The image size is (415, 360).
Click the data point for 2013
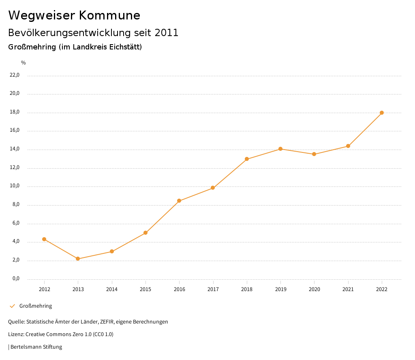pos(78,259)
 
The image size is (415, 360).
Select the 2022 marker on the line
pos(382,113)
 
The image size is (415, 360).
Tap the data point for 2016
pos(179,201)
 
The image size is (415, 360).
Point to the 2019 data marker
pos(280,149)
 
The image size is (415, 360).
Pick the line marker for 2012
pos(44,239)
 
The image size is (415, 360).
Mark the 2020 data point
pos(314,154)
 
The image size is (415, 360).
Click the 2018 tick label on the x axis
pos(247,289)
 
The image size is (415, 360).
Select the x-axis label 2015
pos(145,289)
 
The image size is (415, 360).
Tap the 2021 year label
pos(348,289)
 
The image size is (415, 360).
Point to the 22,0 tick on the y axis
pos(15,75)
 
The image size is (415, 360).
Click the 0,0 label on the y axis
pos(16,279)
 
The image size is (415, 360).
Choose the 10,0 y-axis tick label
pos(15,186)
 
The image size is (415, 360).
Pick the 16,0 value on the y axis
pos(15,131)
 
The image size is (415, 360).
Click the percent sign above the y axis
pos(24,63)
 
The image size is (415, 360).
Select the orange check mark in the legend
pos(12,306)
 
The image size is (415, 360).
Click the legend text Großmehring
pos(36,306)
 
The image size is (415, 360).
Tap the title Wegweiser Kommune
pos(74,15)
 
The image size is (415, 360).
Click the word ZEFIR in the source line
pos(108,322)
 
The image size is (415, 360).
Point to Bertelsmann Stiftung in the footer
pos(36,347)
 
